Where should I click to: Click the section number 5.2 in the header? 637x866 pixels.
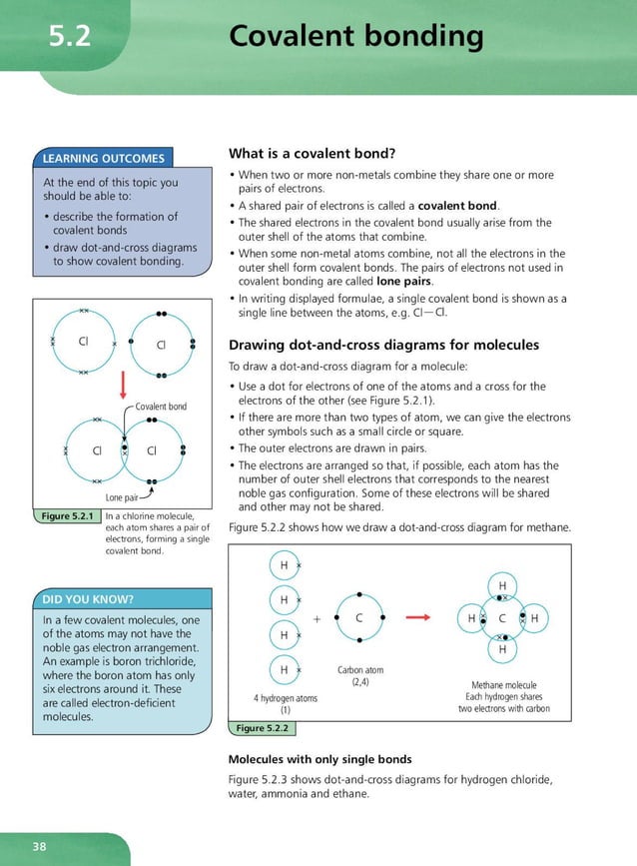point(70,37)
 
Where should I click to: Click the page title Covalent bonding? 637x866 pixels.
point(355,37)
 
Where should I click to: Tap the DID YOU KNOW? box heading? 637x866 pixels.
point(88,599)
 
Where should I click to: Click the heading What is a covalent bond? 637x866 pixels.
point(313,154)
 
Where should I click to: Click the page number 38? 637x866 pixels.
point(39,847)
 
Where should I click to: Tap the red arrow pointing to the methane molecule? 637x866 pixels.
point(418,618)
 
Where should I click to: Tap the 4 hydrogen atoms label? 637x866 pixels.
point(285,698)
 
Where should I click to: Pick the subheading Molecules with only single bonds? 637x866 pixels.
point(320,759)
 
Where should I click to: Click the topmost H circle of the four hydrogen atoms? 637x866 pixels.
point(284,565)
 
